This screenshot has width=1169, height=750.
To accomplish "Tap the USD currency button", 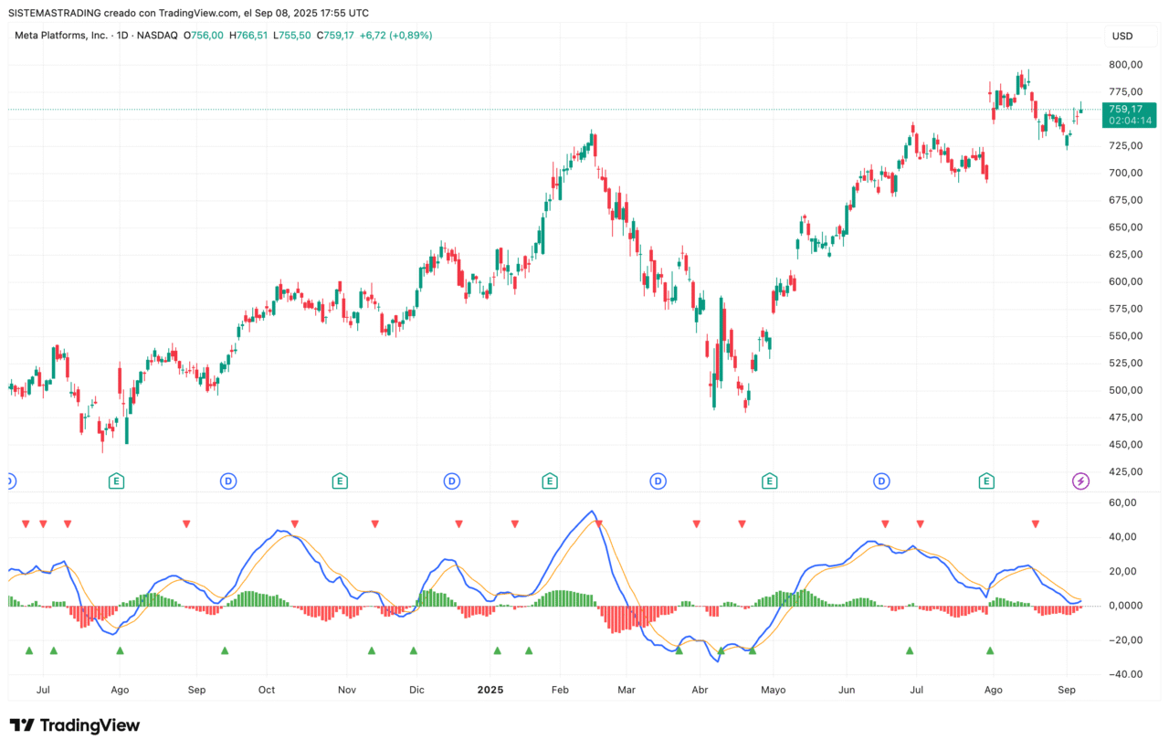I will [x=1122, y=37].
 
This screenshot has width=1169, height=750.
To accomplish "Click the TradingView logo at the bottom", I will [x=75, y=725].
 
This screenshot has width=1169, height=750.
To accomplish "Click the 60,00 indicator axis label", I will [x=1125, y=502].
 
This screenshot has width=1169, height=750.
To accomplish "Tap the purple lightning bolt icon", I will [x=1081, y=481].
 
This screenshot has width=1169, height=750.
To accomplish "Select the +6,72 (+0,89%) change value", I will [x=395, y=36].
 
